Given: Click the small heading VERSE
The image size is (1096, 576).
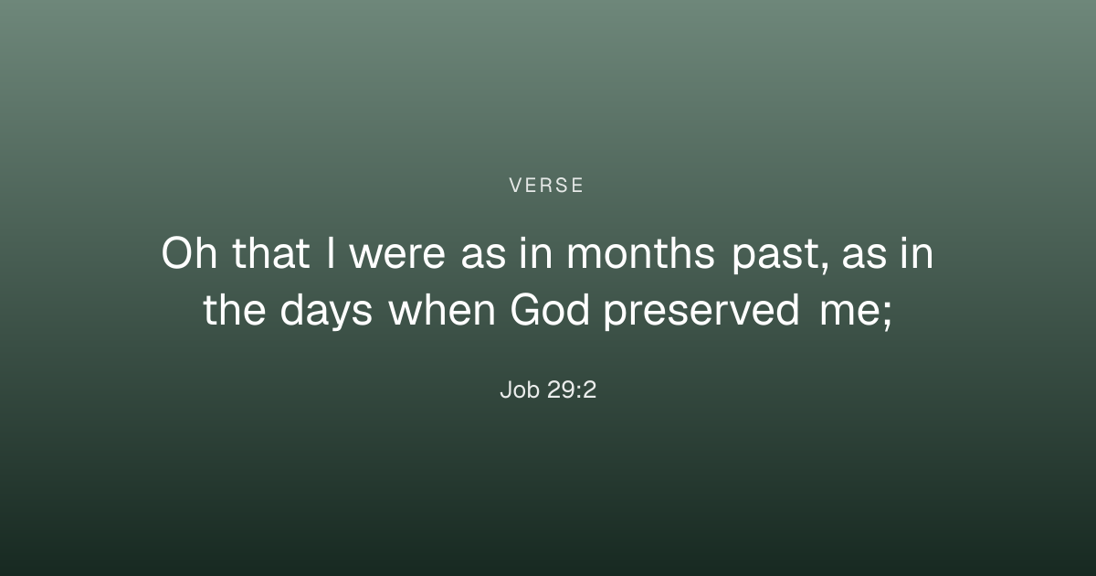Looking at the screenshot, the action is click(546, 185).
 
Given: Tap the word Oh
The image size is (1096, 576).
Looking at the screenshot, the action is click(189, 252).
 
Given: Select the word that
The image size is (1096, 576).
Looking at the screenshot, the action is click(271, 252).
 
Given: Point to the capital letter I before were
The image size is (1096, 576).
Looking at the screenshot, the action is click(331, 252).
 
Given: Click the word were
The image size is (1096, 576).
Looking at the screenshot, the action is click(397, 256).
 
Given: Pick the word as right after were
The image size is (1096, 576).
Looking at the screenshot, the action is click(483, 256).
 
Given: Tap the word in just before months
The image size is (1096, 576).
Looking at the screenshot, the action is click(536, 252).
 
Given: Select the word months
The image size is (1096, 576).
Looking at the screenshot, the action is click(640, 252).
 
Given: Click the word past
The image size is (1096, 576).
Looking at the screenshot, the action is click(775, 256).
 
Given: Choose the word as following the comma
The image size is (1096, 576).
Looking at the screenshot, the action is click(864, 256).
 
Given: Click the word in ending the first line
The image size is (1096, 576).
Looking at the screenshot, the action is click(917, 252).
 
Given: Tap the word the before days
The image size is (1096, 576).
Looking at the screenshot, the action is click(235, 309).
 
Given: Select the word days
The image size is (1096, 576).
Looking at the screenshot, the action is click(326, 312).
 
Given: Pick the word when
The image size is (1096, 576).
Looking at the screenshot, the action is click(442, 309).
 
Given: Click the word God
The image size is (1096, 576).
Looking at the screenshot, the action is click(550, 309).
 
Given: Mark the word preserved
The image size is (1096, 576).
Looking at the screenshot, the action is click(701, 312).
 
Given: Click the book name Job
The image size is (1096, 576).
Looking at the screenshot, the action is click(520, 389).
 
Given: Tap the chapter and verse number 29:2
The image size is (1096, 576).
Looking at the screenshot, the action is click(572, 389).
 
